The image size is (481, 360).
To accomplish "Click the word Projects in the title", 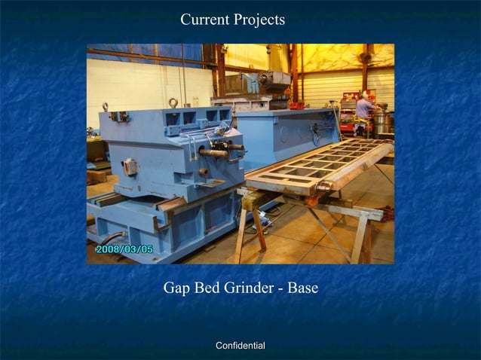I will click(259, 20).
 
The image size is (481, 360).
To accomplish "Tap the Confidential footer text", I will click(240, 346).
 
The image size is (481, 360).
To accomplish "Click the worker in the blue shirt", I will click(365, 110).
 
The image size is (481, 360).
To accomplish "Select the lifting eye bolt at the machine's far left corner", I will click(105, 107).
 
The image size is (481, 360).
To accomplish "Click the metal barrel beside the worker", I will click(382, 122).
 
